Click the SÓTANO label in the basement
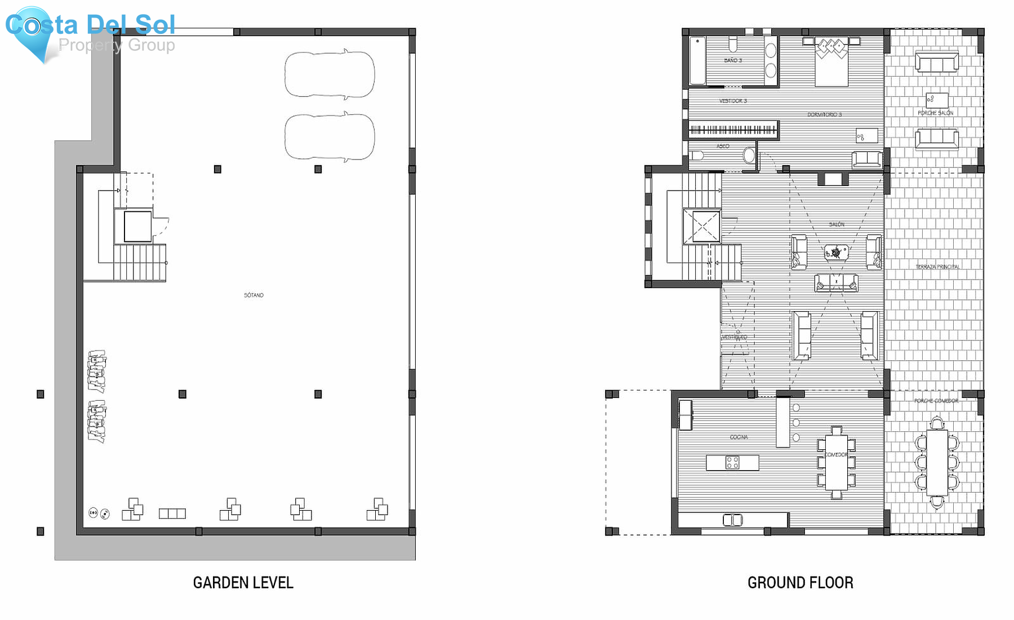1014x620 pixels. [x=253, y=295]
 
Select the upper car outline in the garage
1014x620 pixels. [x=330, y=75]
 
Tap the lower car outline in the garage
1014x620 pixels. [x=330, y=137]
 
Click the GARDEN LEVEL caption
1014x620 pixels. [x=243, y=583]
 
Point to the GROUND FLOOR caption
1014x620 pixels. [x=800, y=583]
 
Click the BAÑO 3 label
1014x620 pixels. [x=733, y=60]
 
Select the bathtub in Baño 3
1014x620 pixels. [x=697, y=61]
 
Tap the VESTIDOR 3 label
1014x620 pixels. [x=733, y=101]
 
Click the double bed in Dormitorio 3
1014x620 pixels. [x=831, y=62]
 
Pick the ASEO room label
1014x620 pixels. [x=723, y=146]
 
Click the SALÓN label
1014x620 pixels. [x=837, y=224]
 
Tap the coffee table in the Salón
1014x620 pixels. [x=836, y=253]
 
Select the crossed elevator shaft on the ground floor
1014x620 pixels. [x=702, y=227]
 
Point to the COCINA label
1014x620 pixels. [x=739, y=437]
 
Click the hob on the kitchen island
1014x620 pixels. [x=732, y=463]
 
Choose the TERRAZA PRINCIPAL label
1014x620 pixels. [x=937, y=267]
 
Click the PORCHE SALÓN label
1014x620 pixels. [x=936, y=113]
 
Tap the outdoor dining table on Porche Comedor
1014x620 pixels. [x=937, y=462]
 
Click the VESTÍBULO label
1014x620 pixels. [x=735, y=337]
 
